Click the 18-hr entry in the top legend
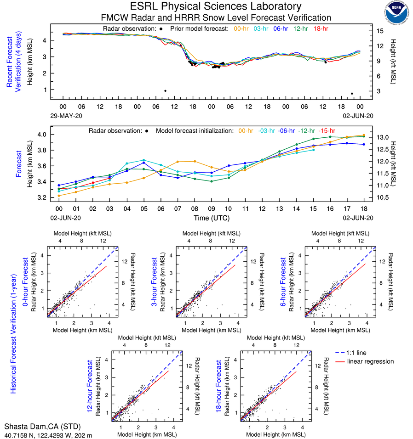click(x=320, y=28)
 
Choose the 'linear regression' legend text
click(x=371, y=361)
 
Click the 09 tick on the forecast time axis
click(x=212, y=208)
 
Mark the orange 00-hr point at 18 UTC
click(x=364, y=135)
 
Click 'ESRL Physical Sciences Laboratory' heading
click(x=216, y=6)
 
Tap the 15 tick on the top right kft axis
click(x=380, y=31)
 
